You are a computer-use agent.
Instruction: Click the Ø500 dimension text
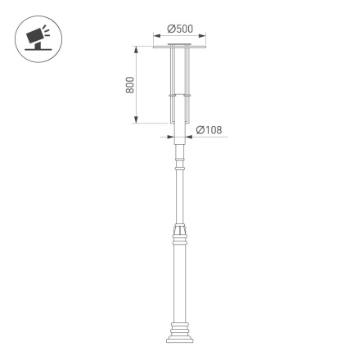tap(180, 29)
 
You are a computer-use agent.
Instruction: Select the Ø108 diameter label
tap(210, 130)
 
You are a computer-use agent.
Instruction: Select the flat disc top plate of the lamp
tap(180, 47)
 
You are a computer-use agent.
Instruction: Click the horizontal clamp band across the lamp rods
tap(180, 99)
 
